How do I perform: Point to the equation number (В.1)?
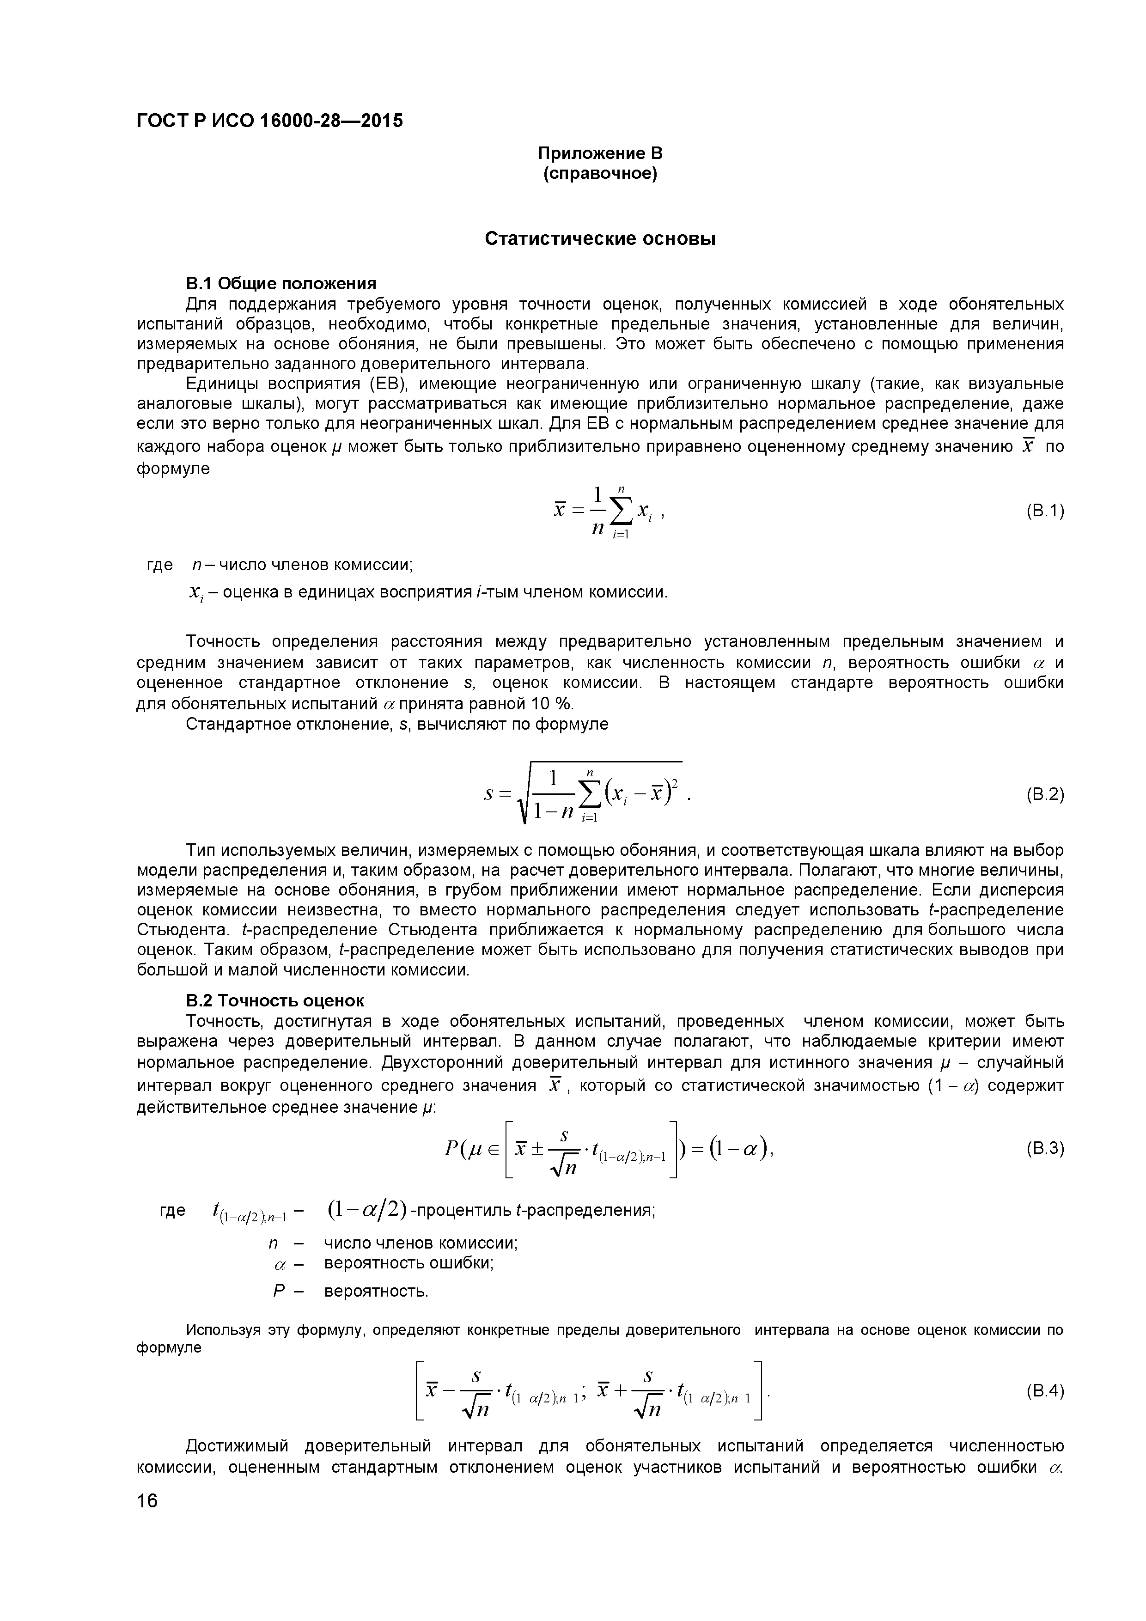(x=1044, y=511)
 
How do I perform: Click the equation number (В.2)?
(x=1044, y=794)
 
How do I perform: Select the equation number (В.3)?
(x=1044, y=1149)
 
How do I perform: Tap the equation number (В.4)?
(x=1044, y=1391)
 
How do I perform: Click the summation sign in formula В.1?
(x=622, y=511)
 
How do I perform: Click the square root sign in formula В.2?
(x=526, y=795)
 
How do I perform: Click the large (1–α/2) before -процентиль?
(x=367, y=1210)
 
